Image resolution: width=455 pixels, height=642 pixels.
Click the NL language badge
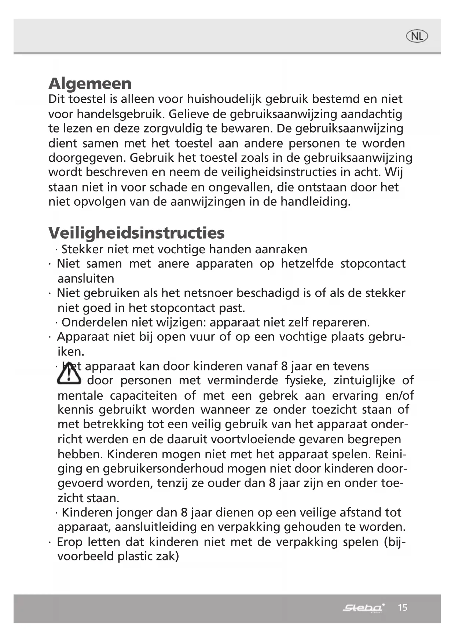417,36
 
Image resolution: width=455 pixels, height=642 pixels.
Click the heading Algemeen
90,83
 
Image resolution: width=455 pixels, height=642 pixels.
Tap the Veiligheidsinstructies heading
136,233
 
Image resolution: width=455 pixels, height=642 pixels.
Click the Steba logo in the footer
363,608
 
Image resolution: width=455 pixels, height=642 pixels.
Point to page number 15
402,608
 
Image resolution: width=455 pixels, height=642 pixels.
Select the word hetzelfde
307,264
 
